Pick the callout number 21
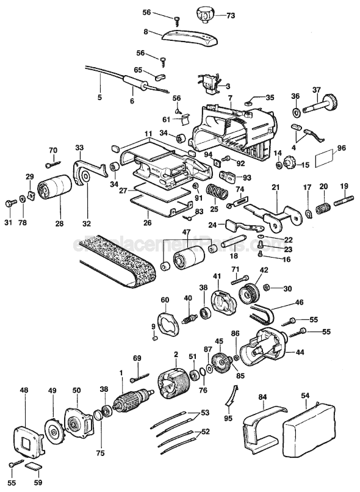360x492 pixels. point(275,186)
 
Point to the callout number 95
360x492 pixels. point(229,418)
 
